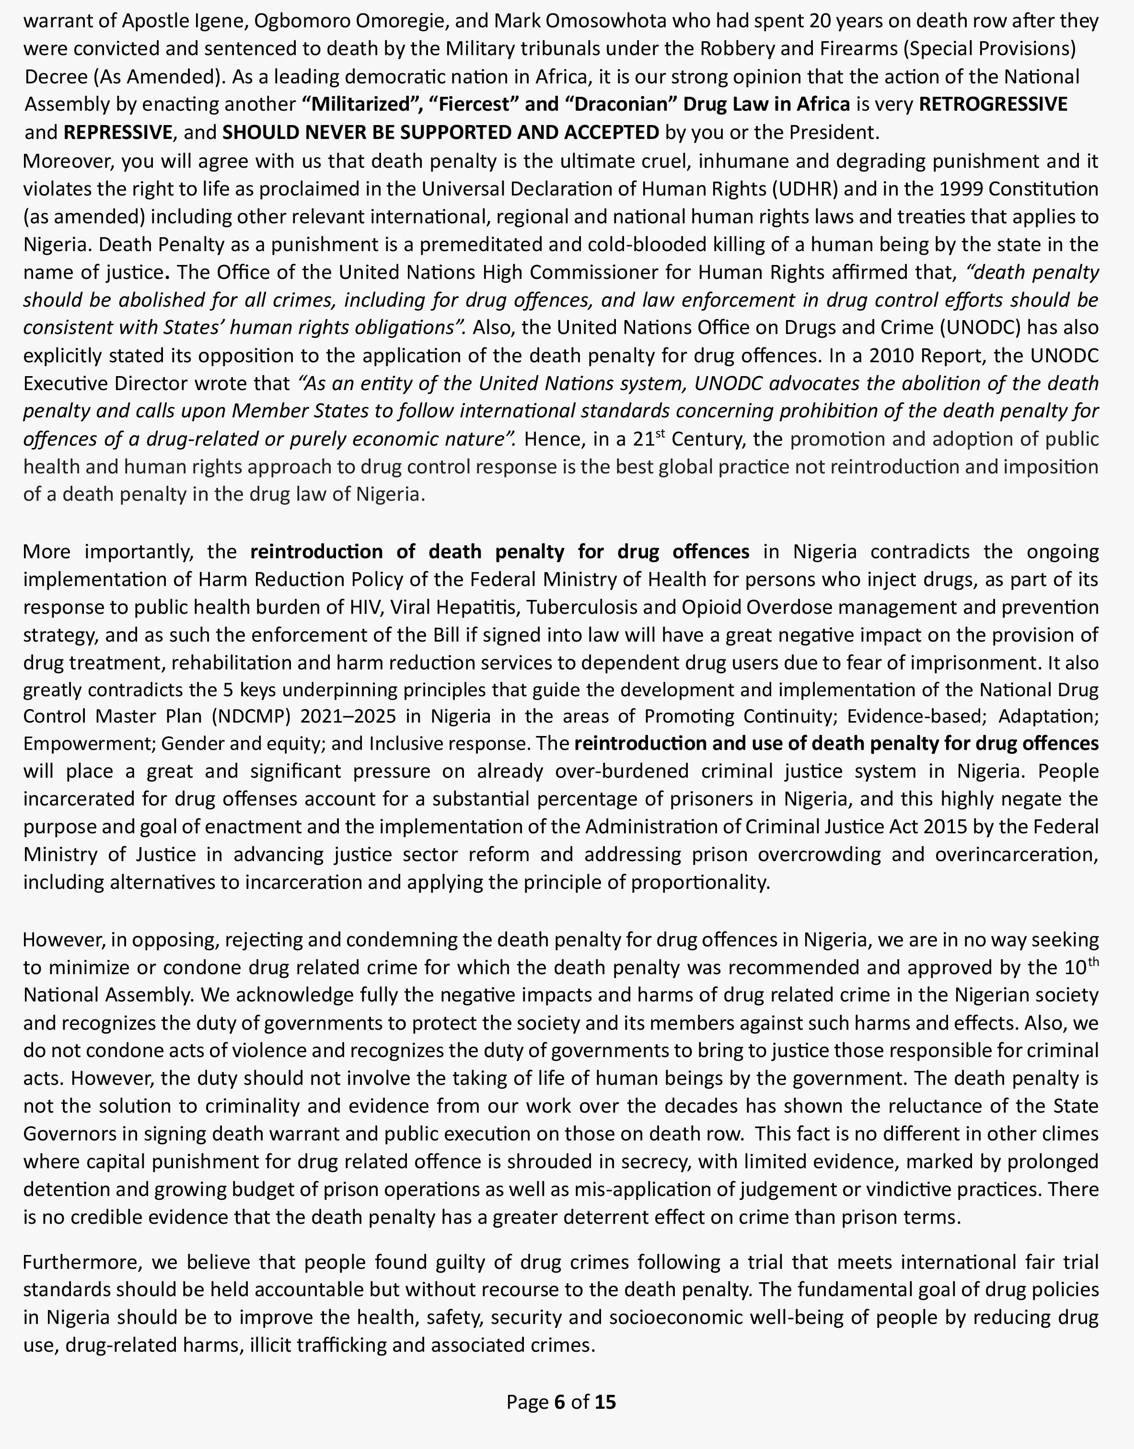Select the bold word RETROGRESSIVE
pyautogui.click(x=993, y=104)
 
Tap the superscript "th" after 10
pyautogui.click(x=1093, y=962)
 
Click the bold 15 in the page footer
pyautogui.click(x=605, y=1402)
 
